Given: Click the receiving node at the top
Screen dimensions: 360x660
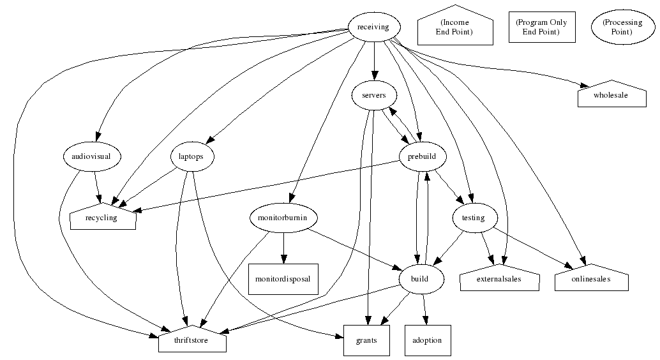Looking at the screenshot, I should click(x=374, y=27).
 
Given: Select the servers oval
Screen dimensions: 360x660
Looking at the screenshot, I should click(x=374, y=95).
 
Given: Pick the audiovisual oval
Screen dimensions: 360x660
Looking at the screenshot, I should click(x=93, y=156).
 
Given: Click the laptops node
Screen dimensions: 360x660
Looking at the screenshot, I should click(x=192, y=156).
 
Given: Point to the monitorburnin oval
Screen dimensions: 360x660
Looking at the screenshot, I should click(x=283, y=218).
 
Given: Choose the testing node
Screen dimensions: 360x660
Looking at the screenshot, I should click(x=473, y=218).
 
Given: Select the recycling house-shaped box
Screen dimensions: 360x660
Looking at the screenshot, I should click(x=102, y=218).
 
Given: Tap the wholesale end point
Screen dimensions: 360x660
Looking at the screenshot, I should click(x=611, y=95).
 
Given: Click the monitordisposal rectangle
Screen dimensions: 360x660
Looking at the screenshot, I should click(x=283, y=280).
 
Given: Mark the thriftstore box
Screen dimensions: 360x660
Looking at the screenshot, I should click(x=192, y=340).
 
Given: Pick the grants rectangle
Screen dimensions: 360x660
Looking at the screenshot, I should click(x=366, y=340).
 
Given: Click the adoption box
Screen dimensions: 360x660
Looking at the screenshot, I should click(x=428, y=340).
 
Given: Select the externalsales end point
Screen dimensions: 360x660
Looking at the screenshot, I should click(x=499, y=280).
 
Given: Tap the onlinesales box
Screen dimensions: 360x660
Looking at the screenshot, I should click(x=591, y=280).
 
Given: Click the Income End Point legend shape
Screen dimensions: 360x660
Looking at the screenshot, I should click(x=454, y=27).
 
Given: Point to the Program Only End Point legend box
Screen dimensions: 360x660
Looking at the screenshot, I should click(x=541, y=27).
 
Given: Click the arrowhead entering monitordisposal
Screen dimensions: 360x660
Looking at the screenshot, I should click(x=283, y=258).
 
